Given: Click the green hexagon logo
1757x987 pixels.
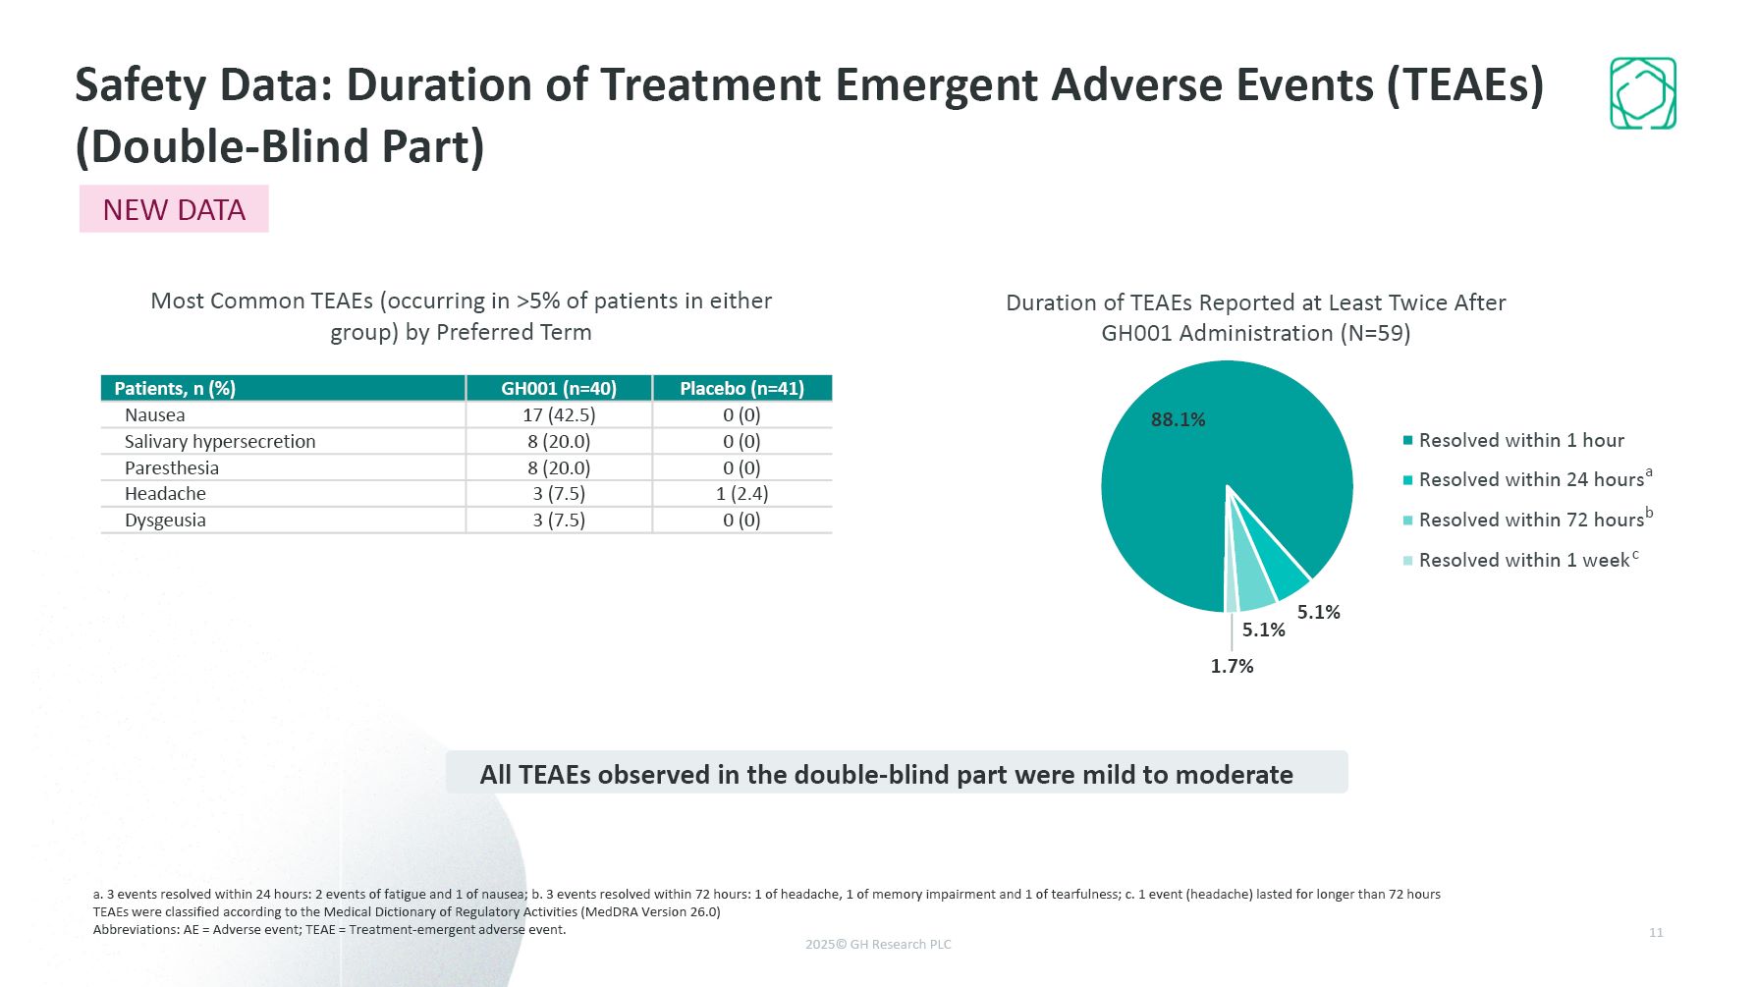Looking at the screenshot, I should (x=1642, y=93).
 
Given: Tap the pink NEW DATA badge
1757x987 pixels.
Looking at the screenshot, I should (x=174, y=209).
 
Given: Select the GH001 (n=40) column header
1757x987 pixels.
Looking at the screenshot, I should (x=559, y=388).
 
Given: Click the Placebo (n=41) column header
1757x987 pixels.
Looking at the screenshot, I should (x=741, y=388).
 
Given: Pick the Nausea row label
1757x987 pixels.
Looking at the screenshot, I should (x=155, y=415).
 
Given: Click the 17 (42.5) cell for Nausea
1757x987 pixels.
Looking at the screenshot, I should (x=559, y=415).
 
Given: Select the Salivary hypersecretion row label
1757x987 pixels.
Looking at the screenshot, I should (x=220, y=442).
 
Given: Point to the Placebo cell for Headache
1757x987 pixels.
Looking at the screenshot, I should (x=741, y=494).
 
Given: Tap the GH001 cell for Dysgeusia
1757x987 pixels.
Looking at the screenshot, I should (x=559, y=521).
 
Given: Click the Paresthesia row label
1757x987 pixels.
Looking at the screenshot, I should (x=172, y=468).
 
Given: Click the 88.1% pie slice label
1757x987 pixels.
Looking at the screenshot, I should (x=1178, y=420).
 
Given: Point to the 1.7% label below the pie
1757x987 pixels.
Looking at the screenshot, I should (x=1232, y=666).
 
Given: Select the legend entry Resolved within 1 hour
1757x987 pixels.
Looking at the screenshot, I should (x=1521, y=441).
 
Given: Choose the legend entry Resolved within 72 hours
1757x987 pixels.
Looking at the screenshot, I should (x=1531, y=521).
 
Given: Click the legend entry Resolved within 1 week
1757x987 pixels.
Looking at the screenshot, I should (x=1523, y=561).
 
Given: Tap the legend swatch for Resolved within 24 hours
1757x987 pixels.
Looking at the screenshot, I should (x=1408, y=480).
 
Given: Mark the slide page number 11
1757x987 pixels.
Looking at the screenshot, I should (x=1656, y=932).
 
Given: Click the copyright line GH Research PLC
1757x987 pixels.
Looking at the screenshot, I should (x=878, y=945).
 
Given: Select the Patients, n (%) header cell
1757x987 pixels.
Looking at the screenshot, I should (x=175, y=388).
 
